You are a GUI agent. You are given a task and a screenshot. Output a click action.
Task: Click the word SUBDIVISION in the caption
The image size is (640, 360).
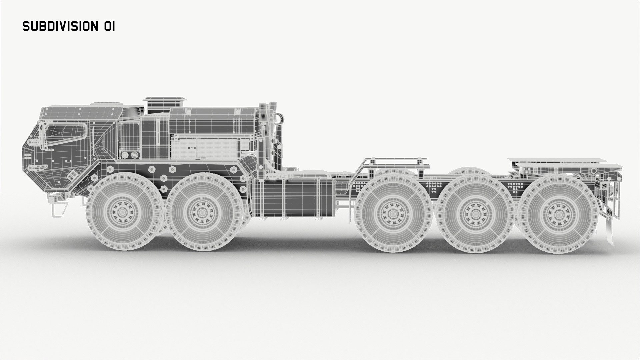[59, 26]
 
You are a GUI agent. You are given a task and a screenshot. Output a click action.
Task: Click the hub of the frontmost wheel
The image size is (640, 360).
[122, 212]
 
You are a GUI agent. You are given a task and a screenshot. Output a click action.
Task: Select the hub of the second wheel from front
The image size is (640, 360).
[201, 212]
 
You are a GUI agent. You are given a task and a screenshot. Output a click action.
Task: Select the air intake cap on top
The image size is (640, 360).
[164, 99]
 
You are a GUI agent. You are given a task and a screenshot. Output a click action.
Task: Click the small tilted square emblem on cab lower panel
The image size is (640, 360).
[71, 175]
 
